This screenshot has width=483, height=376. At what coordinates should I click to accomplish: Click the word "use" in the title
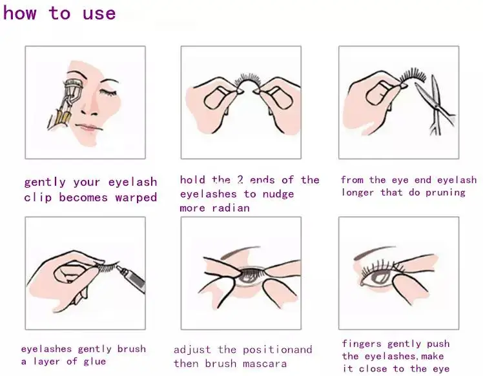click(x=99, y=14)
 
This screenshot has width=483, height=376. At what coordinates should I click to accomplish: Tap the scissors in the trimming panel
click(x=435, y=104)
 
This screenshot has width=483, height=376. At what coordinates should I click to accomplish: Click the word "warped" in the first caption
click(x=136, y=197)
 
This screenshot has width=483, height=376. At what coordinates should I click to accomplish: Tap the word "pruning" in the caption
click(x=446, y=193)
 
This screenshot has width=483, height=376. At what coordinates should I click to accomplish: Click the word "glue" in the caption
click(x=94, y=361)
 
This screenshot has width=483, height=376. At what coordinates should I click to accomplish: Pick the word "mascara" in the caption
click(x=265, y=364)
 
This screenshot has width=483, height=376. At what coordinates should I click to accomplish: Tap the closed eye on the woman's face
click(x=107, y=92)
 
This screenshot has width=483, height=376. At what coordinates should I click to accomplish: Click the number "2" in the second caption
click(x=240, y=180)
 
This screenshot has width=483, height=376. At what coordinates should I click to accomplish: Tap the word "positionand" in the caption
click(x=278, y=350)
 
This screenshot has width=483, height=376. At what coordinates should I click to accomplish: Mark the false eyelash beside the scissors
click(x=413, y=75)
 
